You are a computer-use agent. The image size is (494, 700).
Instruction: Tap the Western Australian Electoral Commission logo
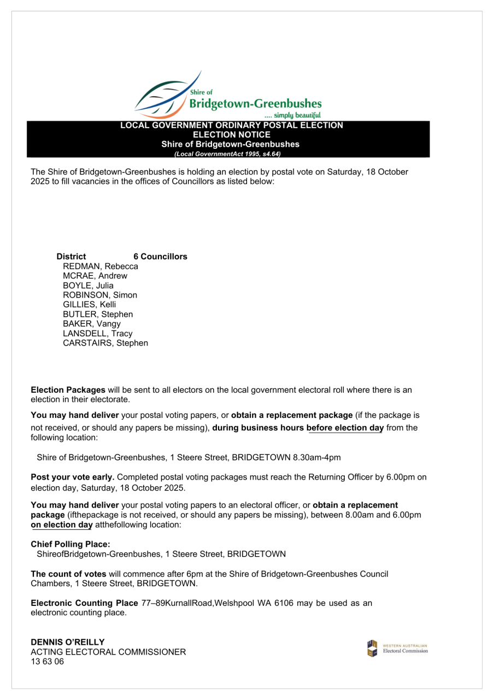397,648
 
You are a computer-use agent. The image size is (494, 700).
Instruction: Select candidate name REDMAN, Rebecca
101,266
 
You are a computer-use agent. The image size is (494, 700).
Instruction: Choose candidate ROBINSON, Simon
100,295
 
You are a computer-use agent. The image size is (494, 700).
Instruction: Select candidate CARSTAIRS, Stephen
105,343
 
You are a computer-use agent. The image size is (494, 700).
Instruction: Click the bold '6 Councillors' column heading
160,256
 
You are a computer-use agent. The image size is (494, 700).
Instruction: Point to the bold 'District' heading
71,256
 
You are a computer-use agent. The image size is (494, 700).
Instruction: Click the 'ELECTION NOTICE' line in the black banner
232,135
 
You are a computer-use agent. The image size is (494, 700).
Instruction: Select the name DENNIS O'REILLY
68,641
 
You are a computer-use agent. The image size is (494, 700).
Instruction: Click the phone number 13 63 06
47,662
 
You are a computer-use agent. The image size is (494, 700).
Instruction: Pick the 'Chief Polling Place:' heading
70,544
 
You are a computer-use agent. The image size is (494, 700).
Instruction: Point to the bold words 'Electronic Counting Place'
84,603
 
